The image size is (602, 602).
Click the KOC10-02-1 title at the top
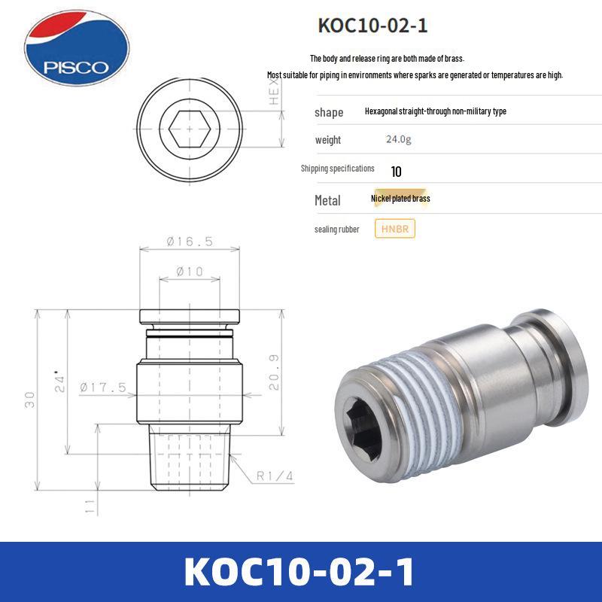pos(373,25)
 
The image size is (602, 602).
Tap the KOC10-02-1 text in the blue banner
pos(299,571)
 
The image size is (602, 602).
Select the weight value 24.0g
pos(399,140)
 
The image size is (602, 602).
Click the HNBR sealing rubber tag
pos(394,229)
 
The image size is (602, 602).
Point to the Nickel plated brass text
pos(400,199)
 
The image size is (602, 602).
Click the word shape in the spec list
pos(329,112)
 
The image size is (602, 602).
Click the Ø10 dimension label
pos(189,272)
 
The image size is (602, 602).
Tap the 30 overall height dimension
pos(29,399)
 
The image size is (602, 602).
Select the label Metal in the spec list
pos(327,200)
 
